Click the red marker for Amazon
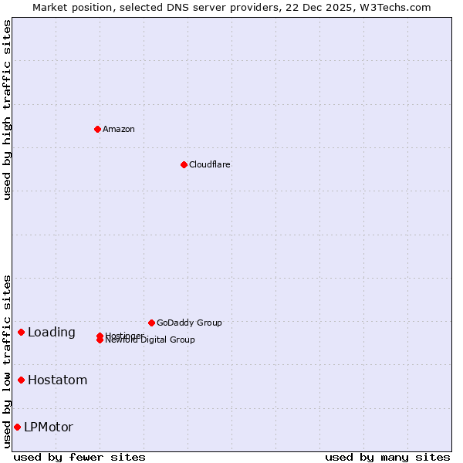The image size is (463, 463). (x=97, y=129)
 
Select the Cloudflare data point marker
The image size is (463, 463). (x=184, y=164)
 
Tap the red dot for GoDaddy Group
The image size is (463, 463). (x=151, y=323)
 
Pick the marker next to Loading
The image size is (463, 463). (x=21, y=332)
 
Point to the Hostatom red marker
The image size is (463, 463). (x=21, y=380)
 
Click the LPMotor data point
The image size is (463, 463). (x=17, y=427)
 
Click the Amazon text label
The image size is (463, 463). (x=119, y=129)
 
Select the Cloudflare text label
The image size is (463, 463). (x=210, y=164)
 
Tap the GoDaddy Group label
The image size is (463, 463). (x=189, y=323)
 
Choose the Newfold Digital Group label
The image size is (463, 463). (x=150, y=340)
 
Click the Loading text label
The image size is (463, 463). (x=52, y=333)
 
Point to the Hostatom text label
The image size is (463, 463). (x=58, y=380)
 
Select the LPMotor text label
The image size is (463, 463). (x=49, y=427)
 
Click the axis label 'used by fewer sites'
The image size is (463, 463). (x=79, y=457)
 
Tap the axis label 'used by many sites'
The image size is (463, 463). (x=387, y=457)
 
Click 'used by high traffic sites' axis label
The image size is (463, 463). (x=7, y=110)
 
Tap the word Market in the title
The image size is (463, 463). (x=50, y=7)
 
